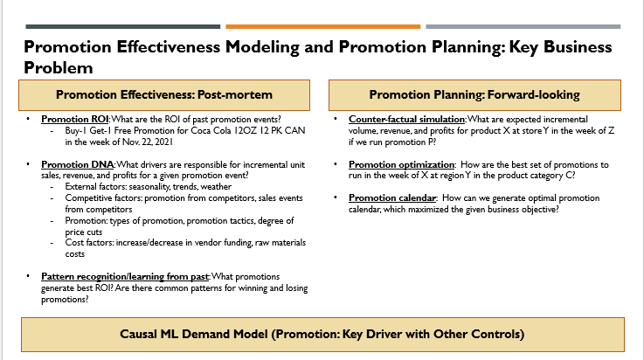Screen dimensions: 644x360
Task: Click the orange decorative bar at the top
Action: (322, 27)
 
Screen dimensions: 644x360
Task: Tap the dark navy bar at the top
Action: (123, 27)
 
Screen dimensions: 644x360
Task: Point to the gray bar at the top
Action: (523, 27)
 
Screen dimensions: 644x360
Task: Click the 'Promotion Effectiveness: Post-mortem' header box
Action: (164, 95)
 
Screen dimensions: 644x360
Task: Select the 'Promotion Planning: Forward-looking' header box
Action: (474, 95)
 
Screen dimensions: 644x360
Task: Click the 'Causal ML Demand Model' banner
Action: (322, 334)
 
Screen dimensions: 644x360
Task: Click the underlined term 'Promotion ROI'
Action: (75, 120)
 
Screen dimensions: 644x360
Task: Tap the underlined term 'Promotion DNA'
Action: (77, 164)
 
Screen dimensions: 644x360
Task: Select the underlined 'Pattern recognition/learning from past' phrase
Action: (125, 277)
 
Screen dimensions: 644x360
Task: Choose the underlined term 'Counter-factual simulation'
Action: (406, 120)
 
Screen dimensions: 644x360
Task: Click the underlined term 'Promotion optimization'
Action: (401, 164)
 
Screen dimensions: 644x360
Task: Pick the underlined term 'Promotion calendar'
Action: (392, 197)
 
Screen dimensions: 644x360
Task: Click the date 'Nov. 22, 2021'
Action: (148, 142)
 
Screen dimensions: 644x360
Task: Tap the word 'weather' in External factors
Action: (216, 187)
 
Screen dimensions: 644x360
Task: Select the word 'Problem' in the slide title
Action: (59, 68)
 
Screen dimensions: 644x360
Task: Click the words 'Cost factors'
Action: (89, 243)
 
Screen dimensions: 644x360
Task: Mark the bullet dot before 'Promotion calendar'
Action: (336, 197)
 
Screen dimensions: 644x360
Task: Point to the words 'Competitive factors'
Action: (103, 197)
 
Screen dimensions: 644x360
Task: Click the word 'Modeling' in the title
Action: (262, 47)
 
